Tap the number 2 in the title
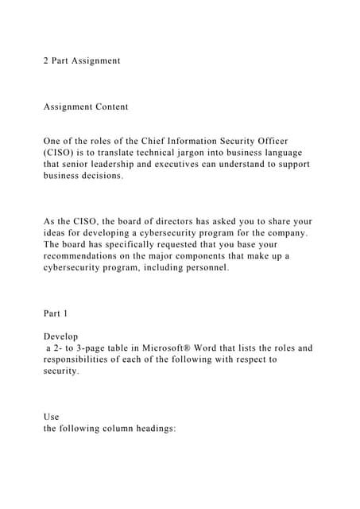point(45,60)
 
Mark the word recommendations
point(84,256)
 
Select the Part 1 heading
point(55,313)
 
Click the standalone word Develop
point(61,336)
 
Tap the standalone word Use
point(51,417)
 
